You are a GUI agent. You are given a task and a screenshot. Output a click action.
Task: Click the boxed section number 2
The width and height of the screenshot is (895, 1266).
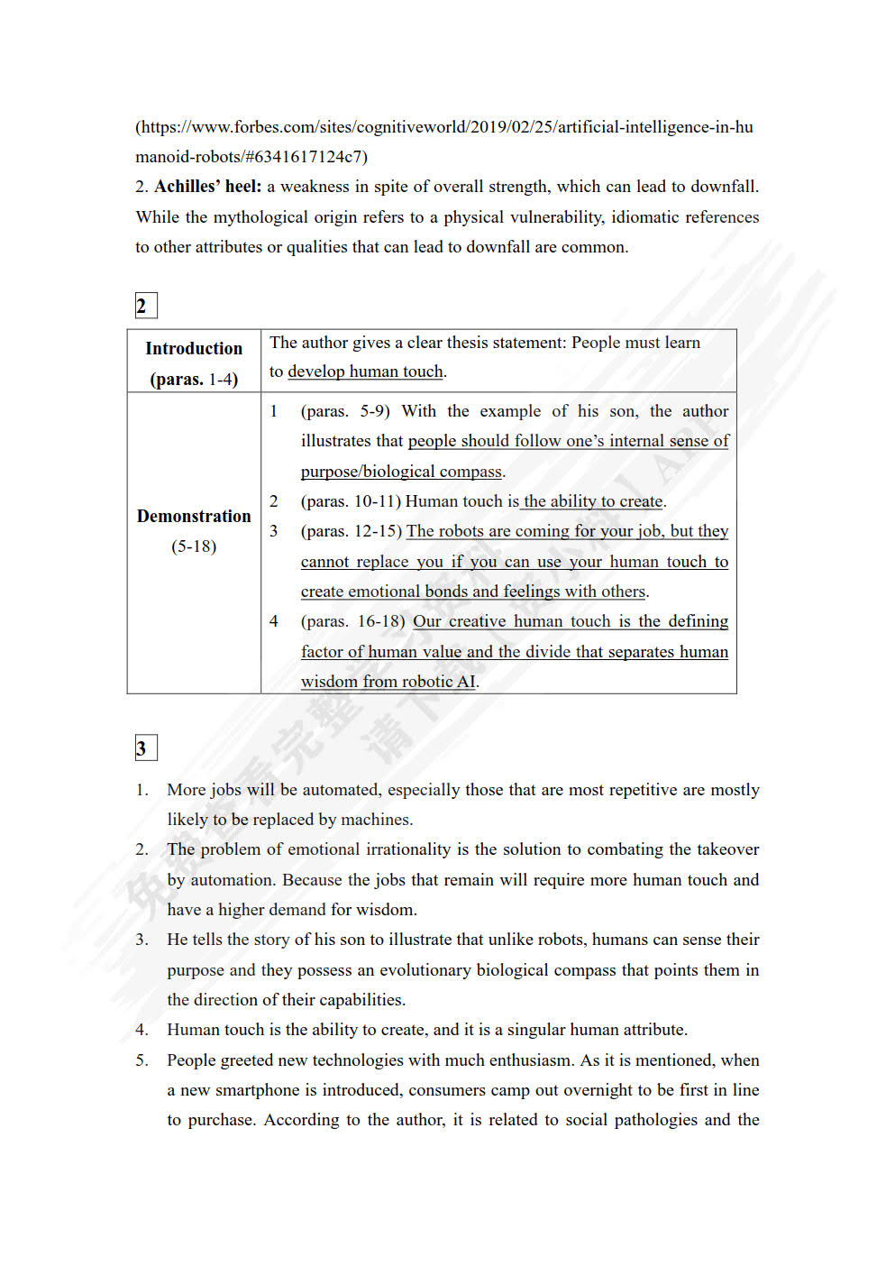[145, 306]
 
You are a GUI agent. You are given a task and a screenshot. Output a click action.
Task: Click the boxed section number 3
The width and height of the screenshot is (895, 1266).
[145, 748]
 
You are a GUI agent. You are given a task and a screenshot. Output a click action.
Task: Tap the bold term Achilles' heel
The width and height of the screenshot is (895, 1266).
[207, 187]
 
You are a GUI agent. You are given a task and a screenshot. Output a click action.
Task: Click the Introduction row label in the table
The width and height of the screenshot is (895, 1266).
[194, 349]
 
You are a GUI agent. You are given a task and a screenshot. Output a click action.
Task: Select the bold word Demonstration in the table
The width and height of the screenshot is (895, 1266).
[194, 516]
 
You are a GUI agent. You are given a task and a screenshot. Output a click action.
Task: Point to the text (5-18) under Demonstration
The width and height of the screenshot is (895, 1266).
[194, 546]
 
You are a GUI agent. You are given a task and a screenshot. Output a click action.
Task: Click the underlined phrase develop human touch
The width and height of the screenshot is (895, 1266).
[365, 372]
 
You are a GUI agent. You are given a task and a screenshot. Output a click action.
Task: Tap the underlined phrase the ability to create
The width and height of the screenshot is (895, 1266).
[593, 501]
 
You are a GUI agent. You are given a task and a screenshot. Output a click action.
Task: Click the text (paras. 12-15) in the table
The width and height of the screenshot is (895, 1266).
[352, 531]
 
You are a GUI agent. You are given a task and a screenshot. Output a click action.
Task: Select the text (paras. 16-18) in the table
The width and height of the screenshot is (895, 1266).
[354, 621]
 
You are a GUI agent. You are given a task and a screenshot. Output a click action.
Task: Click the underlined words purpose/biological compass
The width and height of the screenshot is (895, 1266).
[401, 472]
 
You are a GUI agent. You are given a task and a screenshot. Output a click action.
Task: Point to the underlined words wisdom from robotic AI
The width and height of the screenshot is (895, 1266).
[388, 682]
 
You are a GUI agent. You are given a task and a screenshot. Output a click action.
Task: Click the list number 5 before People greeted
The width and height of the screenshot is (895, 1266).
[142, 1060]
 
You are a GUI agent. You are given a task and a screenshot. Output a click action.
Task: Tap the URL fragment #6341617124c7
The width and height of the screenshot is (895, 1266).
[306, 157]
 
